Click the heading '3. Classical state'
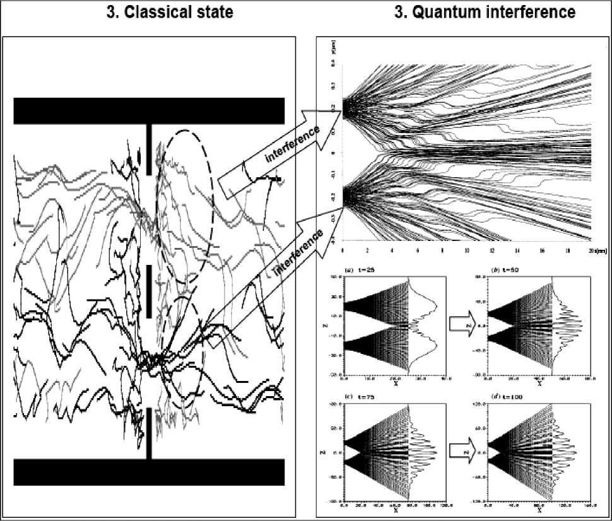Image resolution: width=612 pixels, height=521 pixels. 168,12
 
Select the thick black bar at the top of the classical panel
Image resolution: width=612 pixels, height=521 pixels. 150,111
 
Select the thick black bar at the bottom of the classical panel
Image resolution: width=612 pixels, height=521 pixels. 150,472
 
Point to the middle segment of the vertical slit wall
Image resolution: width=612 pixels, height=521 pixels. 149,291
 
